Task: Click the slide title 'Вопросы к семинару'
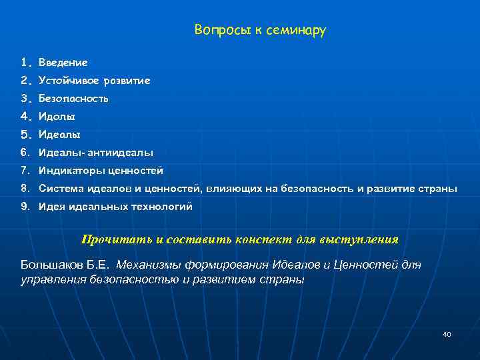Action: [260, 31]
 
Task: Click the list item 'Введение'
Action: [63, 63]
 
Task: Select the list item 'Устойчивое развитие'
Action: [94, 81]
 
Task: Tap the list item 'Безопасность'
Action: [73, 99]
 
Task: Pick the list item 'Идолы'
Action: [56, 117]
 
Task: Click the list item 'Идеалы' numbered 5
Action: [59, 135]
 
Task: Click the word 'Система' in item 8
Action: [58, 189]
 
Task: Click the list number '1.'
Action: [26, 63]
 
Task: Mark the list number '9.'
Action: [26, 207]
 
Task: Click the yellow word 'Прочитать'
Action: [109, 239]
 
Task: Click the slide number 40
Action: [447, 334]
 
